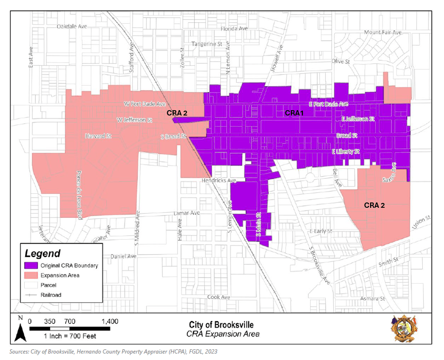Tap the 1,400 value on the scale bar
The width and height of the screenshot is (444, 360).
[x=110, y=321]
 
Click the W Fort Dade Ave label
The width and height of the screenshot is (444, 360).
[x=144, y=103]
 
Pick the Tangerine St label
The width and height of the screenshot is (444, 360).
[x=206, y=44]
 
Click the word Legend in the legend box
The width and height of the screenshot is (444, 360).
[x=43, y=253]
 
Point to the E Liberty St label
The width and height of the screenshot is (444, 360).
[x=346, y=152]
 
